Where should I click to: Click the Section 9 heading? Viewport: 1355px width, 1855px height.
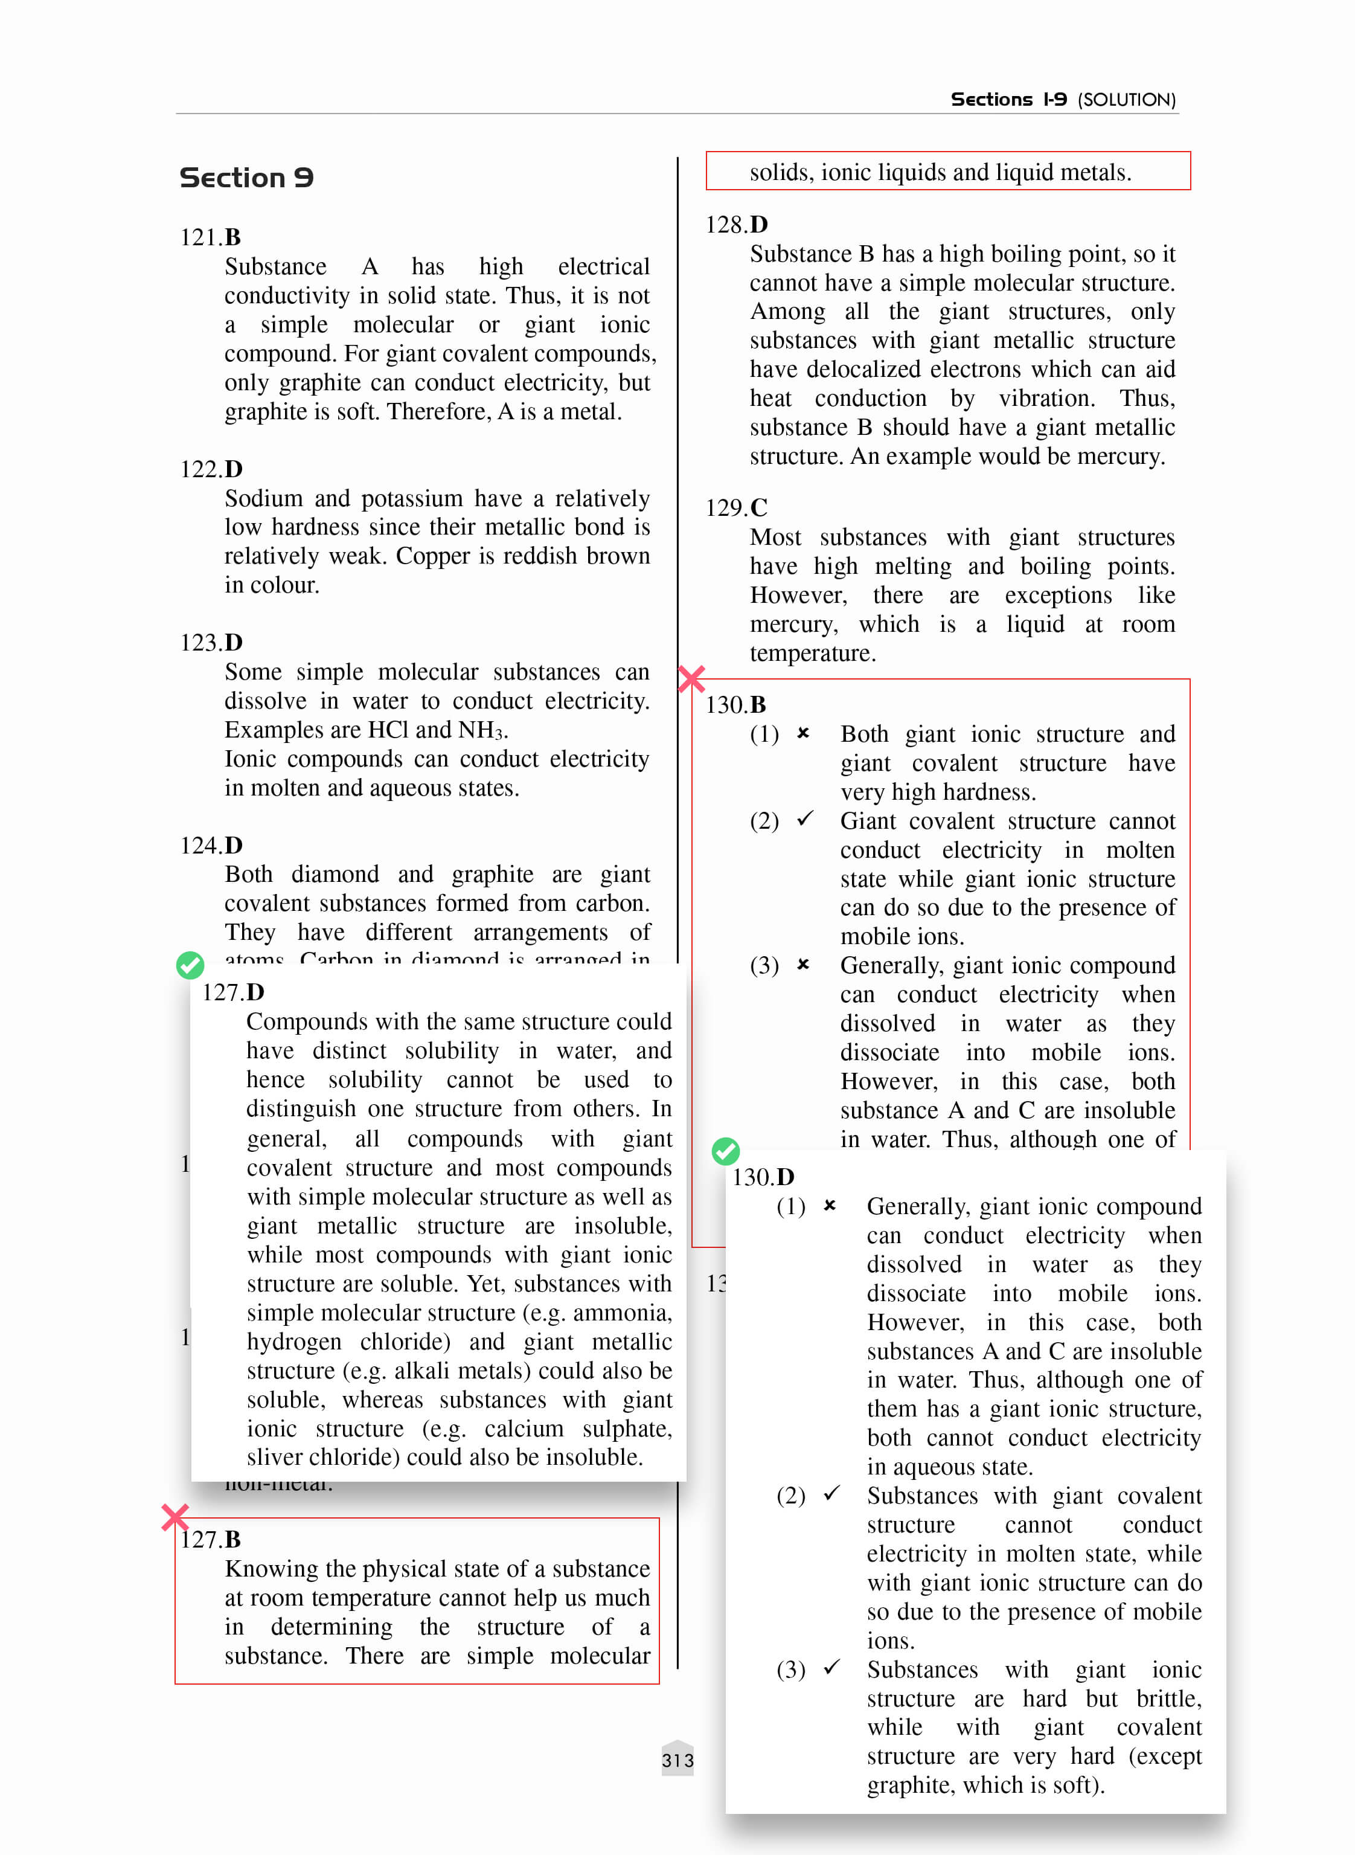[x=246, y=178]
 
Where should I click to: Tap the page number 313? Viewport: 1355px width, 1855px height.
[x=677, y=1760]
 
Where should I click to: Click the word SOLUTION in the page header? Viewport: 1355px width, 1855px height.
[x=1126, y=100]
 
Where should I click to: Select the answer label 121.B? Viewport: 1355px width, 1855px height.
[x=211, y=237]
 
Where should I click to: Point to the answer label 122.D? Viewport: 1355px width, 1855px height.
[x=211, y=469]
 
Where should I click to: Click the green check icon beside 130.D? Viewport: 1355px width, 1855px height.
[x=726, y=1151]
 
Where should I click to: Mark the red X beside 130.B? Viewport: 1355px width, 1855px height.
[x=692, y=680]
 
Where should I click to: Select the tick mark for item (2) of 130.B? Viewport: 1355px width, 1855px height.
[x=806, y=819]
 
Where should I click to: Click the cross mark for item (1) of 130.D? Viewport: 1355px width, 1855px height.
[x=830, y=1205]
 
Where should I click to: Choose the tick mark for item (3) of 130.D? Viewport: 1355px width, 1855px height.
[x=831, y=1667]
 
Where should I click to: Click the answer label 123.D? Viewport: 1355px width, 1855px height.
[x=211, y=643]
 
